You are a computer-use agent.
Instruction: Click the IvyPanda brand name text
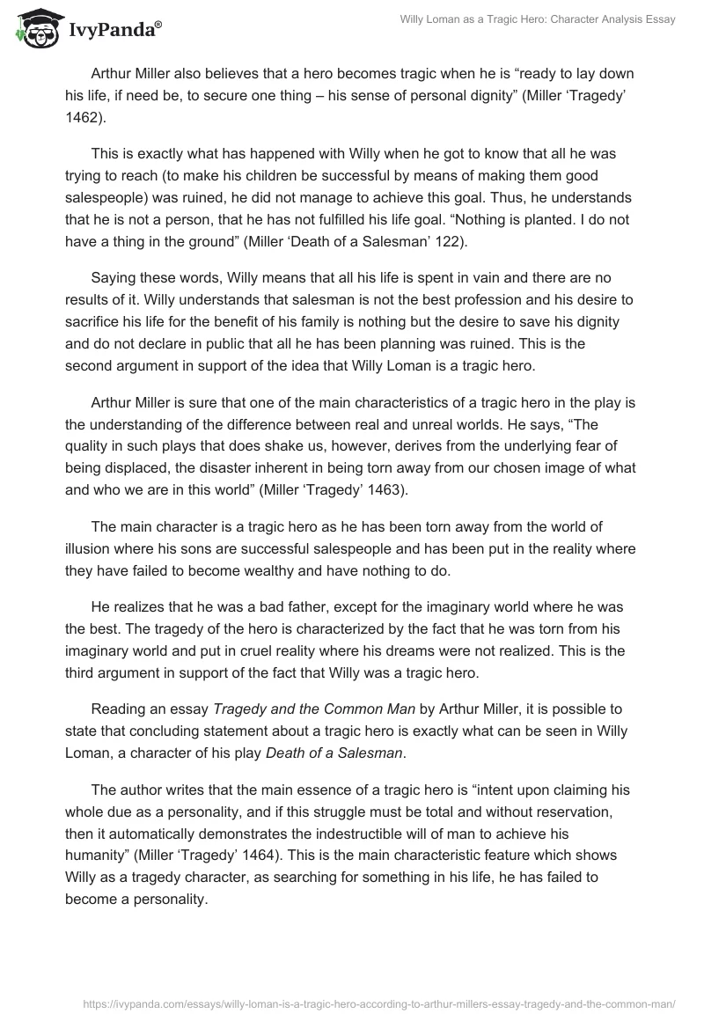pos(112,29)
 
